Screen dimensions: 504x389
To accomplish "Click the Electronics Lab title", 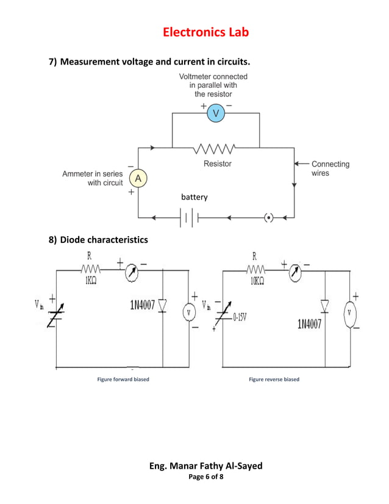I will [x=205, y=32].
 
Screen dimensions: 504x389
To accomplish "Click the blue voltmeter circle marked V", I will [x=216, y=113].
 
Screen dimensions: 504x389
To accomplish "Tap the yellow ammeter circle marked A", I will [x=138, y=178].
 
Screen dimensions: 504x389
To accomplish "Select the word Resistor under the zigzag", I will [x=217, y=164].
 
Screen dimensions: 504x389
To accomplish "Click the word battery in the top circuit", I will [x=194, y=197].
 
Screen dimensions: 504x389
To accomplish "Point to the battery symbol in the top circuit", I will [x=189, y=217].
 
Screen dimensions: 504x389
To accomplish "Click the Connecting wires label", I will [x=330, y=168].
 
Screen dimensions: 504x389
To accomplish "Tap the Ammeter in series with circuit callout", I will [x=93, y=178].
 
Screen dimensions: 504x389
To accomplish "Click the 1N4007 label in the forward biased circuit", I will [x=141, y=304].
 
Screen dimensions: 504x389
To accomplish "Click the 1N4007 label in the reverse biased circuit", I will [x=310, y=324].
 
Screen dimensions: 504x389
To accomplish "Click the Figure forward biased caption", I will [x=123, y=380].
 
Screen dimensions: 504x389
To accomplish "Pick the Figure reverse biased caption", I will [x=274, y=380].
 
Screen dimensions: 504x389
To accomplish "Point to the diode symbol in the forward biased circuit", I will [x=163, y=304].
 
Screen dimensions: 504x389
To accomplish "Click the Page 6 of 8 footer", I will [x=205, y=477].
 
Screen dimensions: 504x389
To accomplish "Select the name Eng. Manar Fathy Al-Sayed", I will [x=205, y=466].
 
